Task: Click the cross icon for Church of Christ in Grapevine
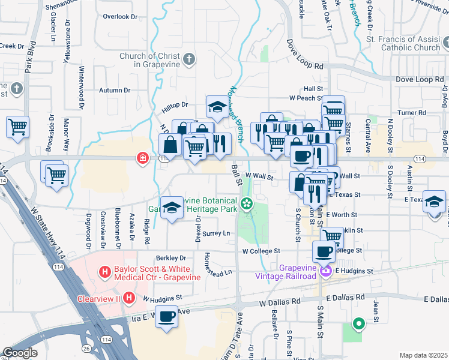point(189,59)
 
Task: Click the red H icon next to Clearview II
point(129,298)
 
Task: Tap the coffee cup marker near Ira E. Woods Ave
point(167,316)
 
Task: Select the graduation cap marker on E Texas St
point(434,202)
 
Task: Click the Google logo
point(19,353)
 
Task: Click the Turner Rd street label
point(411,112)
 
